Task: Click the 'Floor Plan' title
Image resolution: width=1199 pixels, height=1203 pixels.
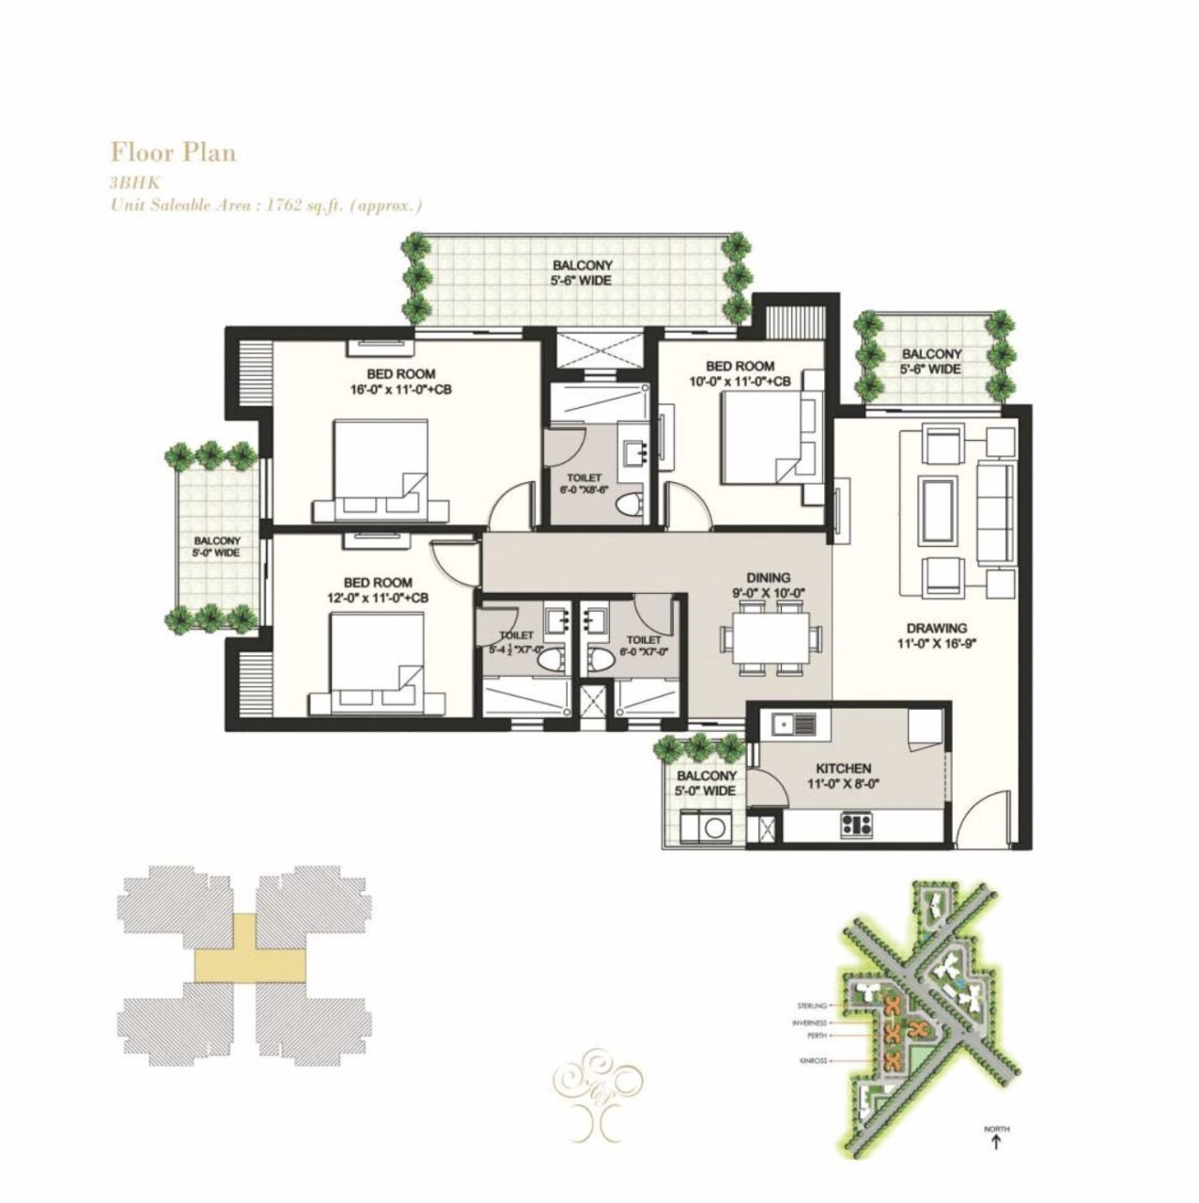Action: tap(173, 152)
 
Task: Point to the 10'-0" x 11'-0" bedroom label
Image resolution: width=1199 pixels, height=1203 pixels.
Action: tap(740, 373)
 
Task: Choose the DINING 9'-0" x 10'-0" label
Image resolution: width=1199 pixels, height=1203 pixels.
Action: tap(768, 586)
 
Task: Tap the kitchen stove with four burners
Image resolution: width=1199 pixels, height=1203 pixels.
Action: tap(857, 826)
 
